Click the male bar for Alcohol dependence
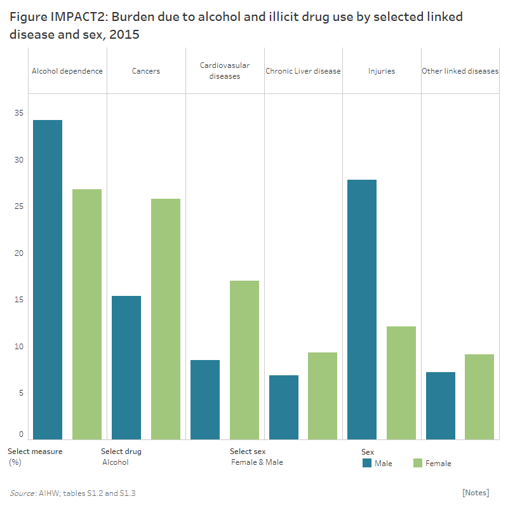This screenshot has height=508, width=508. click(48, 279)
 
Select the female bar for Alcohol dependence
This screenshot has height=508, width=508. click(87, 314)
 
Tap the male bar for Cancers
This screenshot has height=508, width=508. click(126, 367)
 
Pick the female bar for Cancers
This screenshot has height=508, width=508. click(166, 319)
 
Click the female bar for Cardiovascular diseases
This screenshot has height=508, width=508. click(244, 359)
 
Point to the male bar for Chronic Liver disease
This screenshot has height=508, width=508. click(284, 407)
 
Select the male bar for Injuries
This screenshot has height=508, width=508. click(362, 309)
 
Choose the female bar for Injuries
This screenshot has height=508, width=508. click(401, 382)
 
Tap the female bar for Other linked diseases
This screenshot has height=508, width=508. click(479, 397)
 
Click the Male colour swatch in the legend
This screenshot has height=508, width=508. click(367, 463)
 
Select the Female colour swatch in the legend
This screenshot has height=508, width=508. click(418, 463)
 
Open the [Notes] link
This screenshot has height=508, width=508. click(476, 493)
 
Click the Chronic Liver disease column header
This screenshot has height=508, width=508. click(303, 71)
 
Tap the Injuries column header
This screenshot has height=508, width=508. click(382, 71)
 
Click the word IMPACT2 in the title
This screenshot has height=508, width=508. click(74, 17)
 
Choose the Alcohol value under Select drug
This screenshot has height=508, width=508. click(116, 462)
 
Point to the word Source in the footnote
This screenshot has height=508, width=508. click(22, 493)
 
